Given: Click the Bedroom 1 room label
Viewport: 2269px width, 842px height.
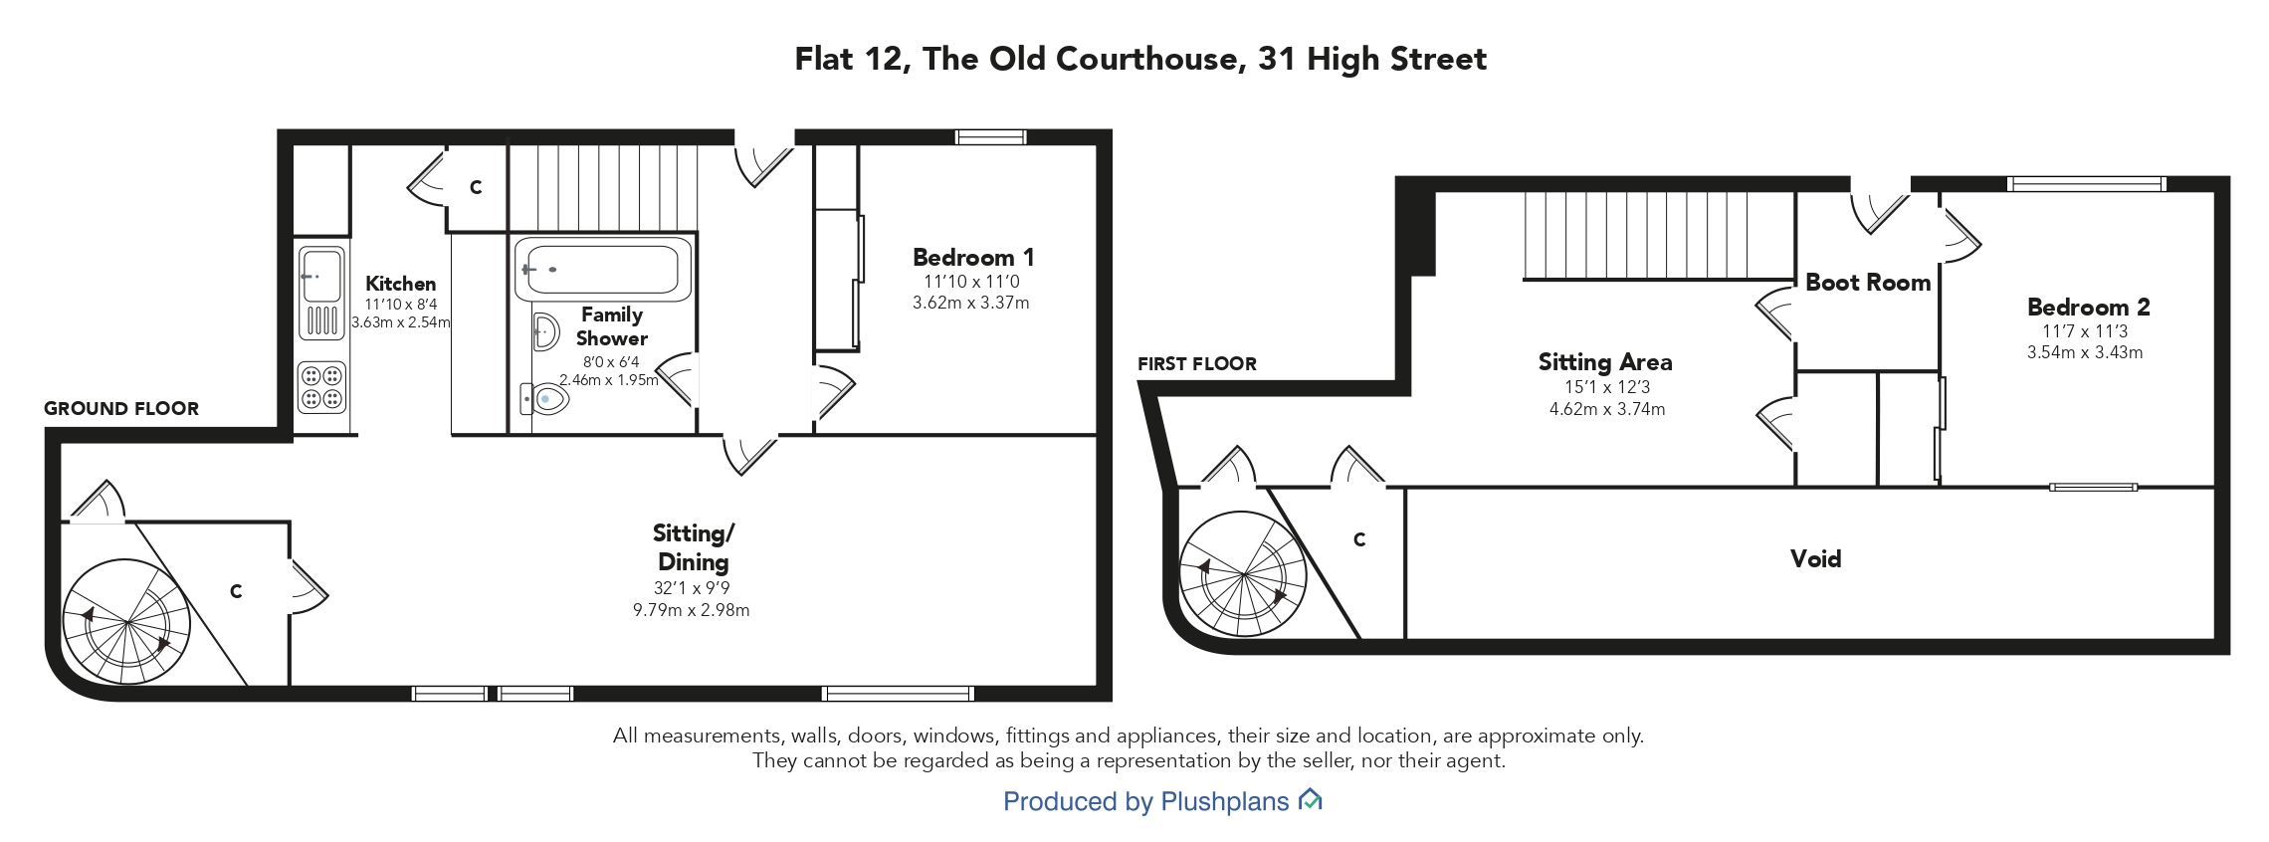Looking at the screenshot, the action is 973,257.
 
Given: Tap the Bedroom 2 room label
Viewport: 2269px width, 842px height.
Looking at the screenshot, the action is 2088,307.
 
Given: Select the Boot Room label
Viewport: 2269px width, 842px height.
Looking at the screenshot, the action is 1868,283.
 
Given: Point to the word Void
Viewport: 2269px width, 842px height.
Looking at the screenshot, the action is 1815,558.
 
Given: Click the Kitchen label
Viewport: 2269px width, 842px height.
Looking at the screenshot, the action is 400,284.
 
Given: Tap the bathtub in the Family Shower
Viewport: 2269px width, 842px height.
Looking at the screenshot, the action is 602,269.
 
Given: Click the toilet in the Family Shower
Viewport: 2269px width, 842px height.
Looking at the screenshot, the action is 544,399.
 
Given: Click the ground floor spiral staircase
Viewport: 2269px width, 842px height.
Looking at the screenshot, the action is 126,622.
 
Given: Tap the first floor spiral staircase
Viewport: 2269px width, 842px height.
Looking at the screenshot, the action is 1243,574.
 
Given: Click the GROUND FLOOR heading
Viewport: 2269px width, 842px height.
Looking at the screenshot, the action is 121,408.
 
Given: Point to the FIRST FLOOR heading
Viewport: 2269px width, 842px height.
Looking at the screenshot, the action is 1197,363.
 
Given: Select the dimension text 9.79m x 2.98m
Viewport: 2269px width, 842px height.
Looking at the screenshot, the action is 692,610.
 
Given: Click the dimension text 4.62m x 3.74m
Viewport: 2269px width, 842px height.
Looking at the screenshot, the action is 1606,409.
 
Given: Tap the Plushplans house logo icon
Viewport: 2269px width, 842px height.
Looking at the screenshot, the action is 1311,799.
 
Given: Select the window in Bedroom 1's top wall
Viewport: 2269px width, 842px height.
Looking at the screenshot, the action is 990,137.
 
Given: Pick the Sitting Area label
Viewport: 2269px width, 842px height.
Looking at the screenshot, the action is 1605,362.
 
